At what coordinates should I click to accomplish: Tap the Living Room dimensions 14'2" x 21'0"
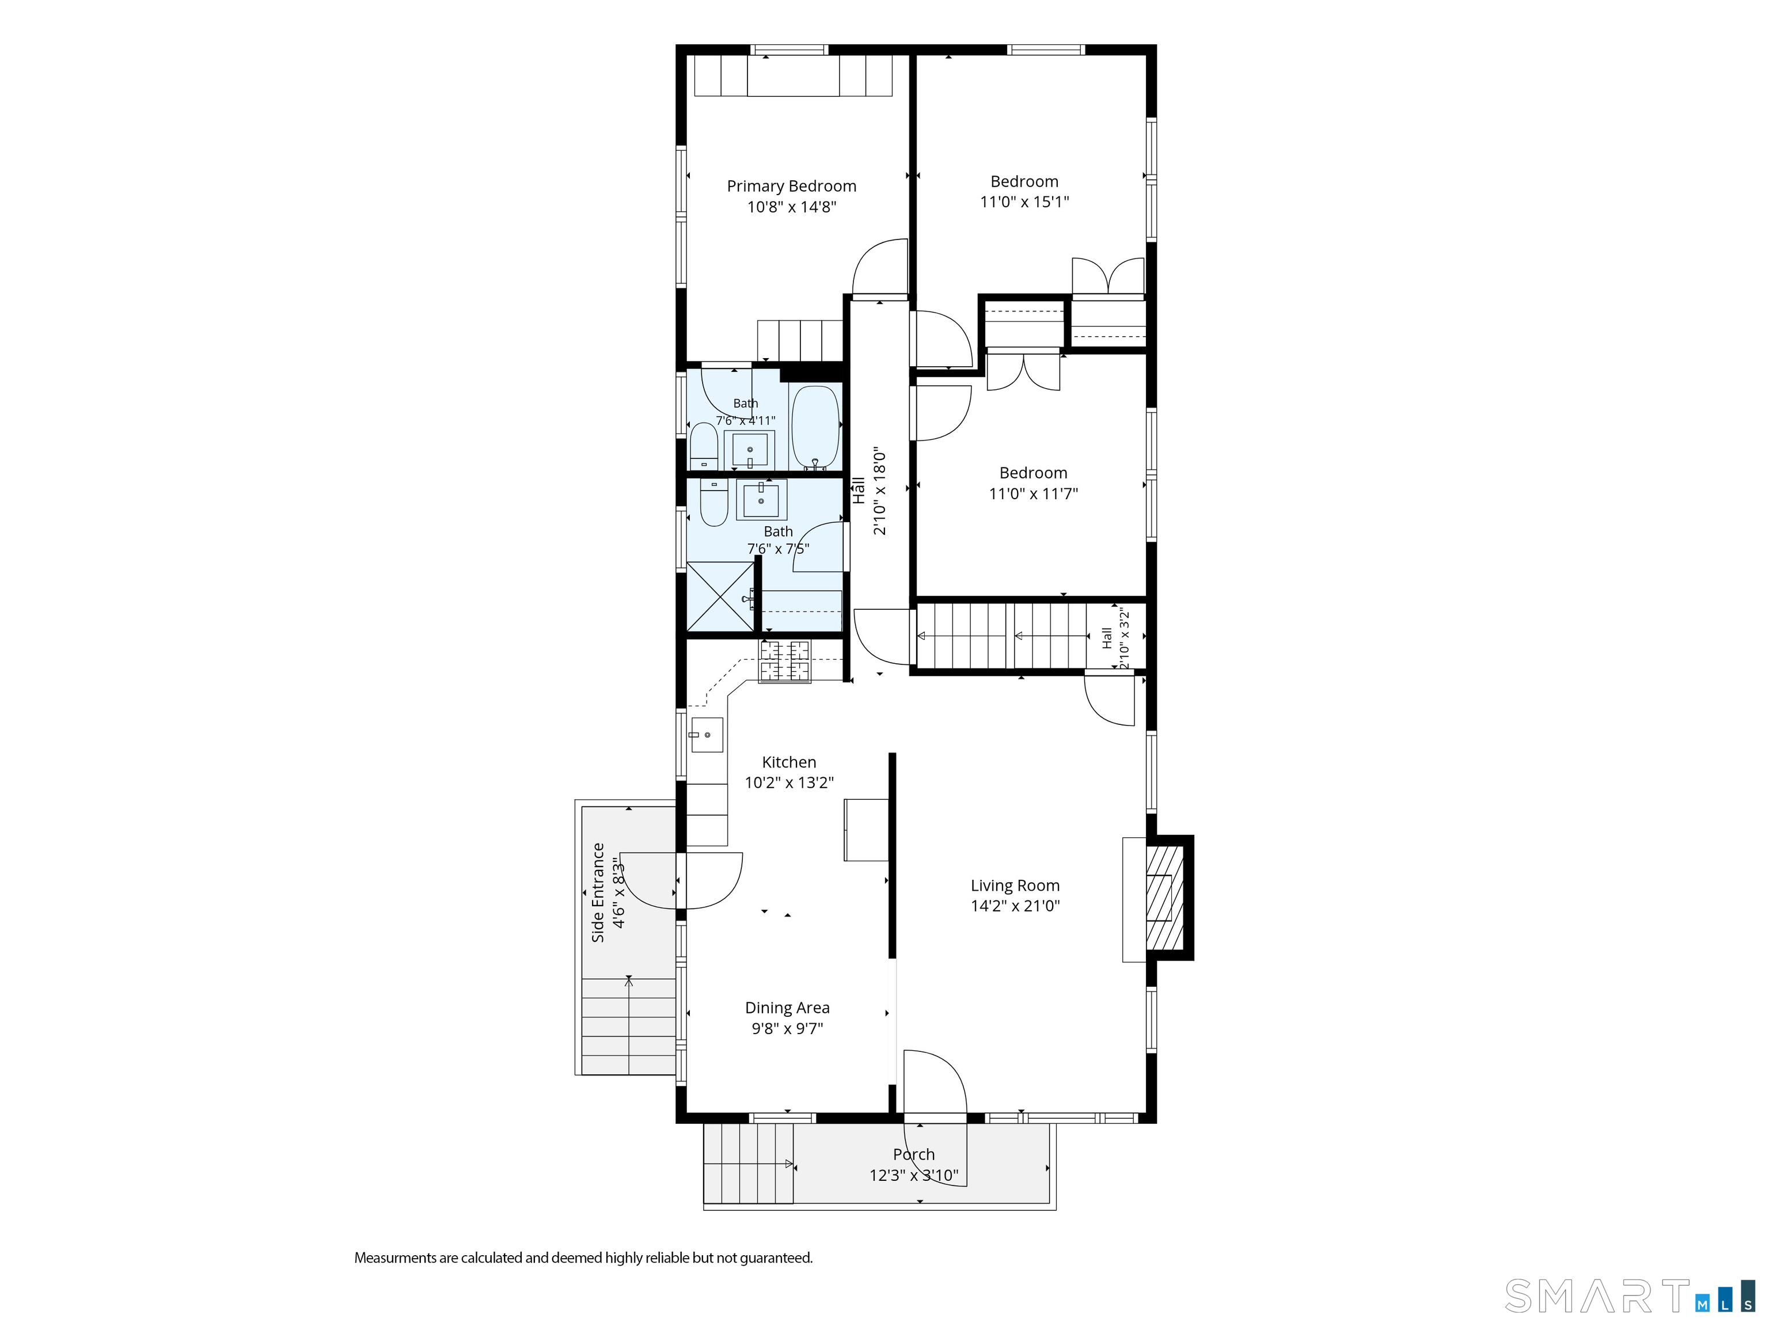click(x=1015, y=905)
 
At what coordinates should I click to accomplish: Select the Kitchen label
click(x=788, y=762)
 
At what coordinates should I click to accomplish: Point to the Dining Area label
click(x=787, y=1008)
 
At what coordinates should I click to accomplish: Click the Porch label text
click(x=913, y=1154)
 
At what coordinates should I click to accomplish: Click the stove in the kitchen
click(x=784, y=662)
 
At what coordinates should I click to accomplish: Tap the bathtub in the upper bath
click(x=815, y=427)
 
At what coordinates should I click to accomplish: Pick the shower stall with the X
click(x=720, y=596)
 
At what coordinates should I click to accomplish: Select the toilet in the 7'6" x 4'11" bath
click(x=704, y=446)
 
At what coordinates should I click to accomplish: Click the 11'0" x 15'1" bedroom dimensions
click(x=1024, y=202)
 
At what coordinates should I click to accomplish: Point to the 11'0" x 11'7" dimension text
click(x=1033, y=493)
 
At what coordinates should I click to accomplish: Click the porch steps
click(x=749, y=1164)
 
